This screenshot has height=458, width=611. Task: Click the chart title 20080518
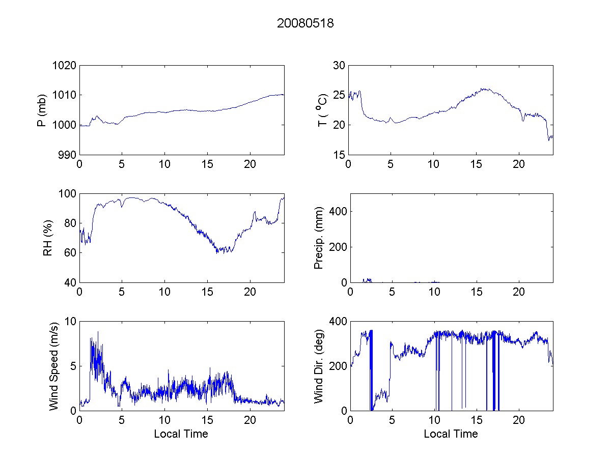305,23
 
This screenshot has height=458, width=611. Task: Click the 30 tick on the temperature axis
339,65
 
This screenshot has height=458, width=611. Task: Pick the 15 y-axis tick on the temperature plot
339,155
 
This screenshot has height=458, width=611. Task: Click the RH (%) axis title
48,238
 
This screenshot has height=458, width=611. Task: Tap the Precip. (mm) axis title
319,238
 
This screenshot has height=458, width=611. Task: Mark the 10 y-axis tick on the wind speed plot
70,322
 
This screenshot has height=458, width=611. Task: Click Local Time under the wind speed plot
181,434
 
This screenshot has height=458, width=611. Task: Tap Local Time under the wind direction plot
451,434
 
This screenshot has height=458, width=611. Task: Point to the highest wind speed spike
98,332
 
